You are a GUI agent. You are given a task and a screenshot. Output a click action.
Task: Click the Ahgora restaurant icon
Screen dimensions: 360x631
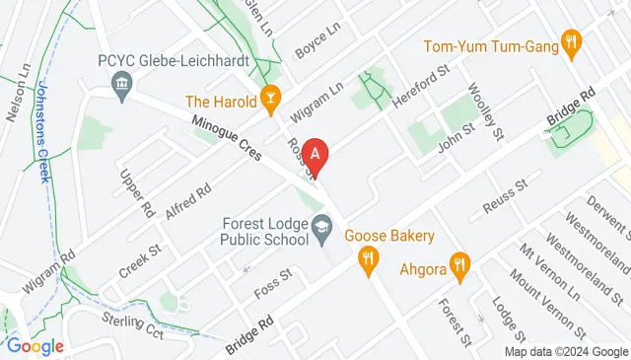(459, 263)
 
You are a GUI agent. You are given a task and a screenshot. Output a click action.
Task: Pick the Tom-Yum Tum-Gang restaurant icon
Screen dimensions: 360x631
(570, 41)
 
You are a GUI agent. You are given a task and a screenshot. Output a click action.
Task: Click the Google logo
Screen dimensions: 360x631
(35, 346)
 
